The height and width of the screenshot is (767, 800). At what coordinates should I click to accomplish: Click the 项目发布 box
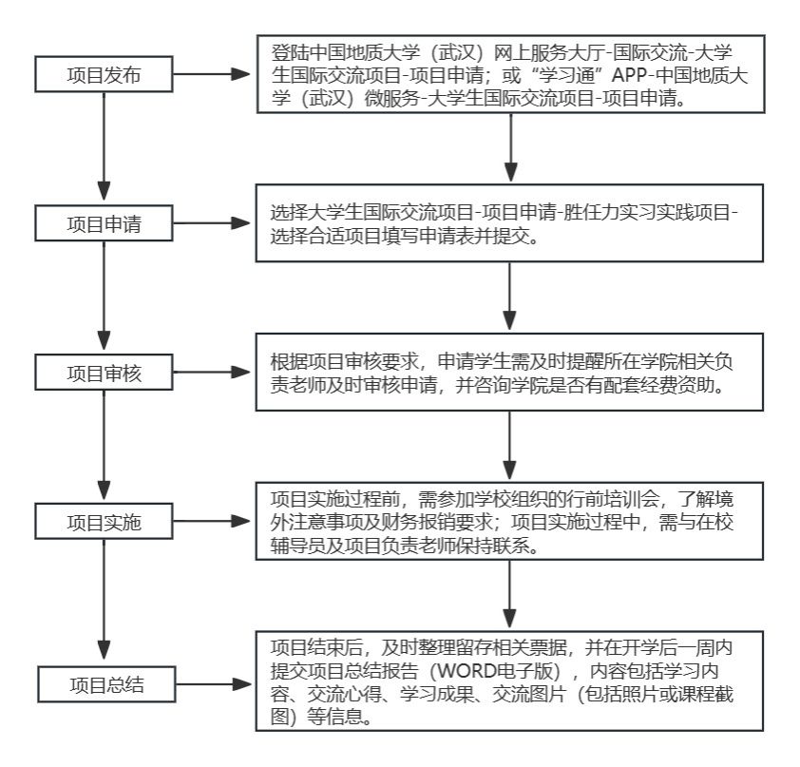tap(105, 74)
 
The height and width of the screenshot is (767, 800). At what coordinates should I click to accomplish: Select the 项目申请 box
tap(105, 223)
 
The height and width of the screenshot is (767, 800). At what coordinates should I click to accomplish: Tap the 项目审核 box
tap(105, 373)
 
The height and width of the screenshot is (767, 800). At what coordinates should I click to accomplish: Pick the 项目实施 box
tap(105, 522)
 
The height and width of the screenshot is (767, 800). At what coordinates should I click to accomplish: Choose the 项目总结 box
tap(106, 684)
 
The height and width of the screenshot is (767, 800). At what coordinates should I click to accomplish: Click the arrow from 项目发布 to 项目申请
tap(105, 146)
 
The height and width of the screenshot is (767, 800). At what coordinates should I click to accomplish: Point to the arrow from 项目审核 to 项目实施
tap(105, 445)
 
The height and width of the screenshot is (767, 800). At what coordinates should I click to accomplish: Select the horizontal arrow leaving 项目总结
tap(213, 684)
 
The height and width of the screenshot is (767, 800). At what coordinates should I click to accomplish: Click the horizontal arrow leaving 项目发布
tap(212, 74)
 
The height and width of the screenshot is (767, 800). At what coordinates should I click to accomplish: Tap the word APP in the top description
tap(630, 75)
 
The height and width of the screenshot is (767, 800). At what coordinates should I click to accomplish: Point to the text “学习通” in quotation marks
tap(568, 75)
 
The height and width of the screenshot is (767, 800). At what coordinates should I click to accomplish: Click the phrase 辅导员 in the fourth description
tap(298, 546)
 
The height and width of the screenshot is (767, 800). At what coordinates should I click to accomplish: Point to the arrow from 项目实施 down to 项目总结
tap(105, 599)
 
